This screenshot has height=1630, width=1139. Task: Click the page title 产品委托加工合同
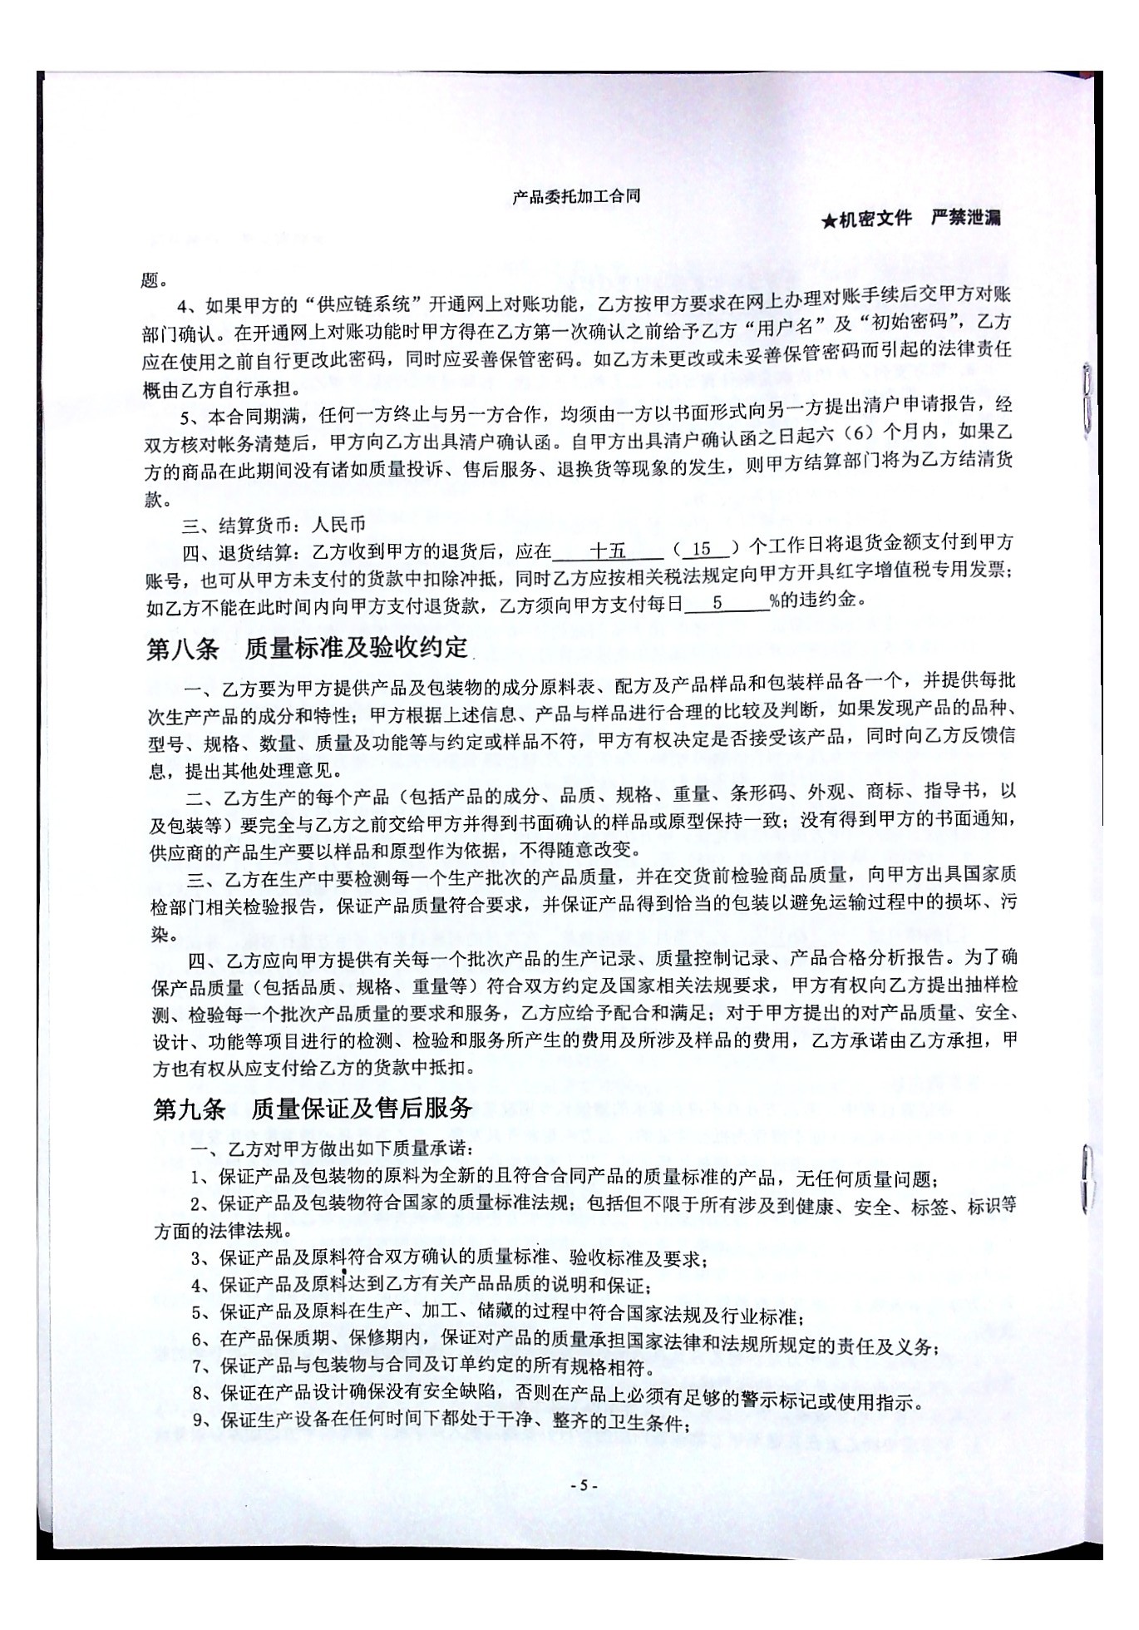[x=576, y=196]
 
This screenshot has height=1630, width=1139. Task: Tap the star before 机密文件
[x=828, y=220]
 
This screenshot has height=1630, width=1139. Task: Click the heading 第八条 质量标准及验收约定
[x=307, y=649]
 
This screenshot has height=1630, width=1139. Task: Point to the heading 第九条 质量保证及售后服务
[x=313, y=1109]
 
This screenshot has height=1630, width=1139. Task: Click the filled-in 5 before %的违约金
[x=717, y=602]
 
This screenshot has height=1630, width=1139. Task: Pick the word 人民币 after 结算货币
[x=338, y=526]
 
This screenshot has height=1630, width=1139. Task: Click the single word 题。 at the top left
[x=155, y=280]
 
